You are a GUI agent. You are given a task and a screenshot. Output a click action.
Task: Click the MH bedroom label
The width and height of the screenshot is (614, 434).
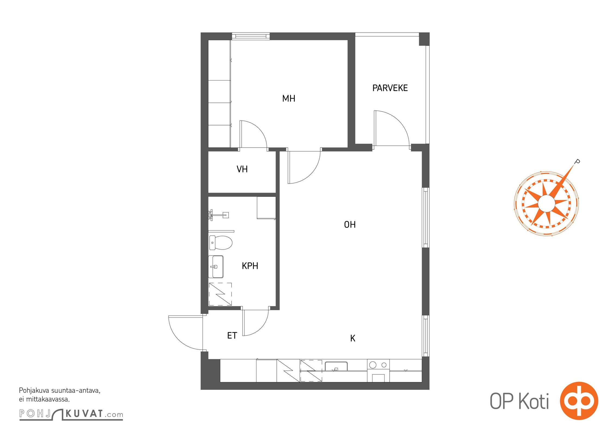tap(289, 98)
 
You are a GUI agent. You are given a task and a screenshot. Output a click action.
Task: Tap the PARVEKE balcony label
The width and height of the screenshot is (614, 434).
tap(390, 88)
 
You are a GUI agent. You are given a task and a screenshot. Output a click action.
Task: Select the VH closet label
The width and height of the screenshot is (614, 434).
tap(242, 169)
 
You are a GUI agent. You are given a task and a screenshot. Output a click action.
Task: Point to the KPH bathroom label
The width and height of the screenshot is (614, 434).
tap(250, 266)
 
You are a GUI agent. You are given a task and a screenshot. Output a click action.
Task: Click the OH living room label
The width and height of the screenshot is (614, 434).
tap(350, 225)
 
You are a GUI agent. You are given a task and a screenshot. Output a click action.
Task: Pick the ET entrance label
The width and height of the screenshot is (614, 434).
tap(232, 336)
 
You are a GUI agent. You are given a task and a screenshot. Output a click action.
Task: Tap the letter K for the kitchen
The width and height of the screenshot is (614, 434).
tap(353, 338)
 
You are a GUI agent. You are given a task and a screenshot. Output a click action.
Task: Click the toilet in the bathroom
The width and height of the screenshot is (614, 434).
tap(221, 242)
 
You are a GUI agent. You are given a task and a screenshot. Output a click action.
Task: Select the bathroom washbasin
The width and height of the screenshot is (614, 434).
tap(216, 267)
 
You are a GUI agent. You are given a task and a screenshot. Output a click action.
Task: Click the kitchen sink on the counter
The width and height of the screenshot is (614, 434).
tap(336, 366)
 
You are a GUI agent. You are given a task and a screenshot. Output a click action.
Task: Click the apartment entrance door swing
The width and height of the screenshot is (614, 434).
tap(186, 333)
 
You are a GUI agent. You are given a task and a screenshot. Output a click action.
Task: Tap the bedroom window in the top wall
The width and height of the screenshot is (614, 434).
tap(251, 36)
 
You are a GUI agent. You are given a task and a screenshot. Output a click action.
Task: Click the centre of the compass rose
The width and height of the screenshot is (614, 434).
tap(546, 203)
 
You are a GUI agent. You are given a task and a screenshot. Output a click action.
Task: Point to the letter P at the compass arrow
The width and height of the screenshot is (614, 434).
tap(577, 162)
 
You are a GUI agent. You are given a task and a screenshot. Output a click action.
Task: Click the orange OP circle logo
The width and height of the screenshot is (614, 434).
tap(579, 401)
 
